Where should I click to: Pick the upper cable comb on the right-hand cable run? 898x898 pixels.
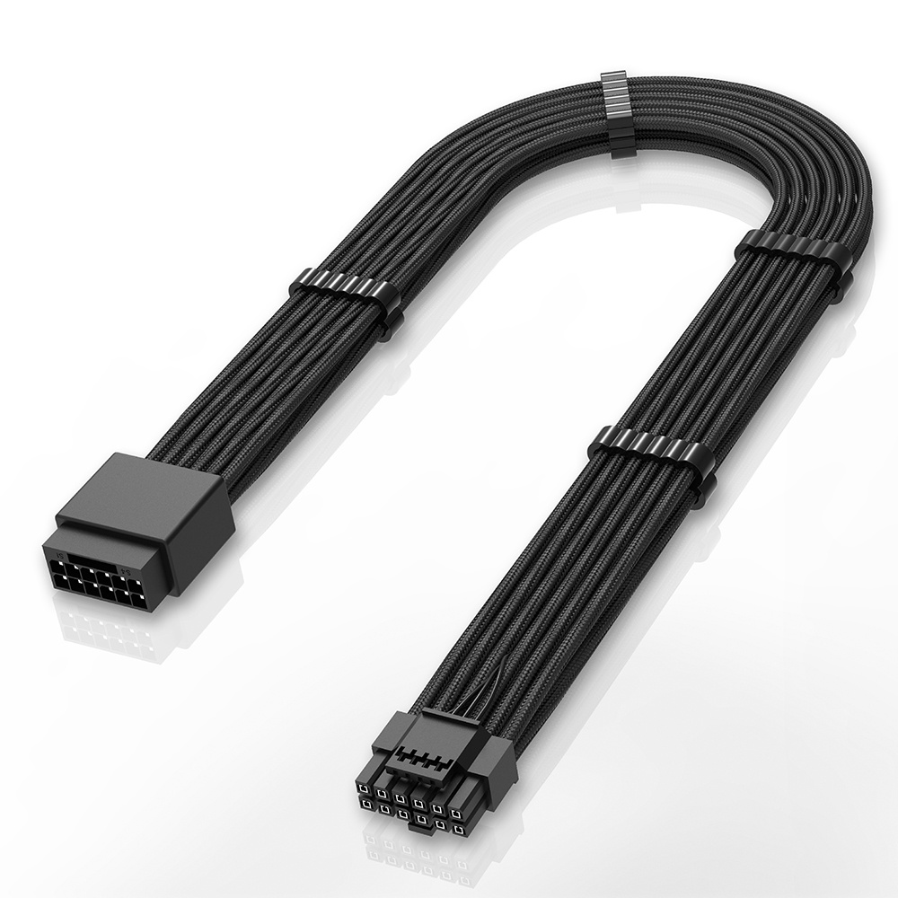(790, 256)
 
